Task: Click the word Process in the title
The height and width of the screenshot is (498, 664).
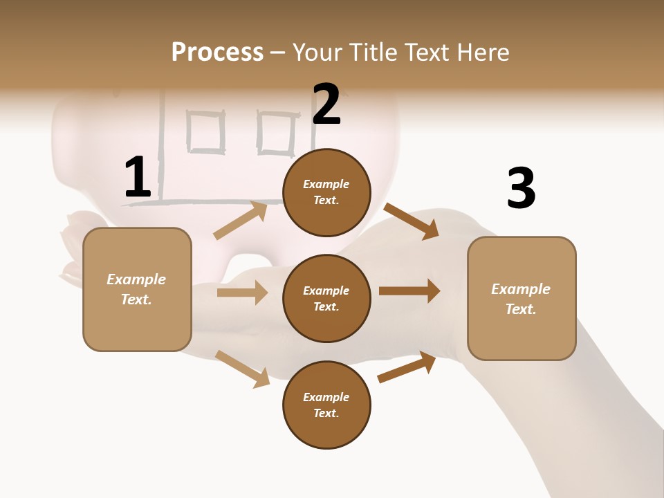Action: pyautogui.click(x=217, y=53)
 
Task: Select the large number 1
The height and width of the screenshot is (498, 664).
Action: pyautogui.click(x=138, y=178)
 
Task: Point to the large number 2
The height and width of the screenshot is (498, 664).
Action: pyautogui.click(x=326, y=104)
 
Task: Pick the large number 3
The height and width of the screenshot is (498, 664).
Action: pyautogui.click(x=521, y=188)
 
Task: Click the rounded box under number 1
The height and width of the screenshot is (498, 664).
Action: pyautogui.click(x=137, y=289)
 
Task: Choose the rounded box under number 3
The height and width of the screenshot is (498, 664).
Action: pyautogui.click(x=522, y=298)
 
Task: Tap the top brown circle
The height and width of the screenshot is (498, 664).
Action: pyautogui.click(x=326, y=192)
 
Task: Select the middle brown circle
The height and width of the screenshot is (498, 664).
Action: pyautogui.click(x=326, y=298)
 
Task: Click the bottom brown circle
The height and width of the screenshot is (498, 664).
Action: pyautogui.click(x=326, y=405)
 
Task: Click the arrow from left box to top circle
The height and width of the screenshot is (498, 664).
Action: pyautogui.click(x=241, y=221)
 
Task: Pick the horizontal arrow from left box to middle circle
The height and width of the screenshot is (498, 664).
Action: pyautogui.click(x=242, y=293)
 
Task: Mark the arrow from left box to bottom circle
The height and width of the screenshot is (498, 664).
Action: pyautogui.click(x=242, y=369)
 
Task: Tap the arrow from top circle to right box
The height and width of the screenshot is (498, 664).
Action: pyautogui.click(x=412, y=221)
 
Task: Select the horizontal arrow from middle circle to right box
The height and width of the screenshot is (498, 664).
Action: pyautogui.click(x=409, y=291)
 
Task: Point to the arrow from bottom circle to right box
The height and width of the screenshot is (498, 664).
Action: pyautogui.click(x=407, y=367)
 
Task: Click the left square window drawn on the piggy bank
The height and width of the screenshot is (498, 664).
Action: pyautogui.click(x=206, y=133)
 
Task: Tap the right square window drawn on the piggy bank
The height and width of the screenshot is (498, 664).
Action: pyautogui.click(x=277, y=133)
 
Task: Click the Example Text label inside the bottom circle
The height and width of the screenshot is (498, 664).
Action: pyautogui.click(x=326, y=405)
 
